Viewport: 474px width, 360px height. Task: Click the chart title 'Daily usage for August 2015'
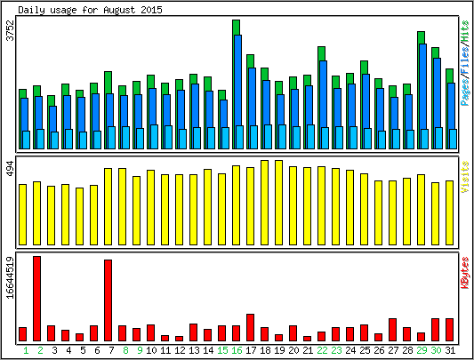pyautogui.click(x=90, y=10)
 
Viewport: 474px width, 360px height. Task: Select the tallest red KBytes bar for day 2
pyautogui.click(x=36, y=299)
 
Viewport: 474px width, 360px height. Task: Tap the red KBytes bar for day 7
pyautogui.click(x=108, y=300)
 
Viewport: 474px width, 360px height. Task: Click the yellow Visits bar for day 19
pyautogui.click(x=278, y=203)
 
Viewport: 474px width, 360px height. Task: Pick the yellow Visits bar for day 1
pyautogui.click(x=22, y=214)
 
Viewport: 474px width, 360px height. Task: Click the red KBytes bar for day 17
pyautogui.click(x=250, y=328)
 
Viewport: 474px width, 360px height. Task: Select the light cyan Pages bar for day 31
pyautogui.click(x=453, y=139)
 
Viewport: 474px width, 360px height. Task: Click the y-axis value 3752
pyautogui.click(x=11, y=30)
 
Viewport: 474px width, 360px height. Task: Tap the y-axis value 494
pyautogui.click(x=11, y=169)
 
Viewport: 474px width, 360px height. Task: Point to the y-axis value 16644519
pyautogui.click(x=11, y=277)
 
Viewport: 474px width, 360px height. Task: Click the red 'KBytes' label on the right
pyautogui.click(x=465, y=273)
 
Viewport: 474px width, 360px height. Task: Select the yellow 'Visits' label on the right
pyautogui.click(x=465, y=177)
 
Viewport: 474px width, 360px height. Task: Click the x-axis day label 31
pyautogui.click(x=450, y=350)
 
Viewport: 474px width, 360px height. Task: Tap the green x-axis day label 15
pyautogui.click(x=222, y=350)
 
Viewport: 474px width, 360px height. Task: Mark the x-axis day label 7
pyautogui.click(x=111, y=350)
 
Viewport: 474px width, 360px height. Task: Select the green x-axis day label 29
pyautogui.click(x=422, y=350)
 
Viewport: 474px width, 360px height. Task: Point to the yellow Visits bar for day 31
pyautogui.click(x=449, y=212)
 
